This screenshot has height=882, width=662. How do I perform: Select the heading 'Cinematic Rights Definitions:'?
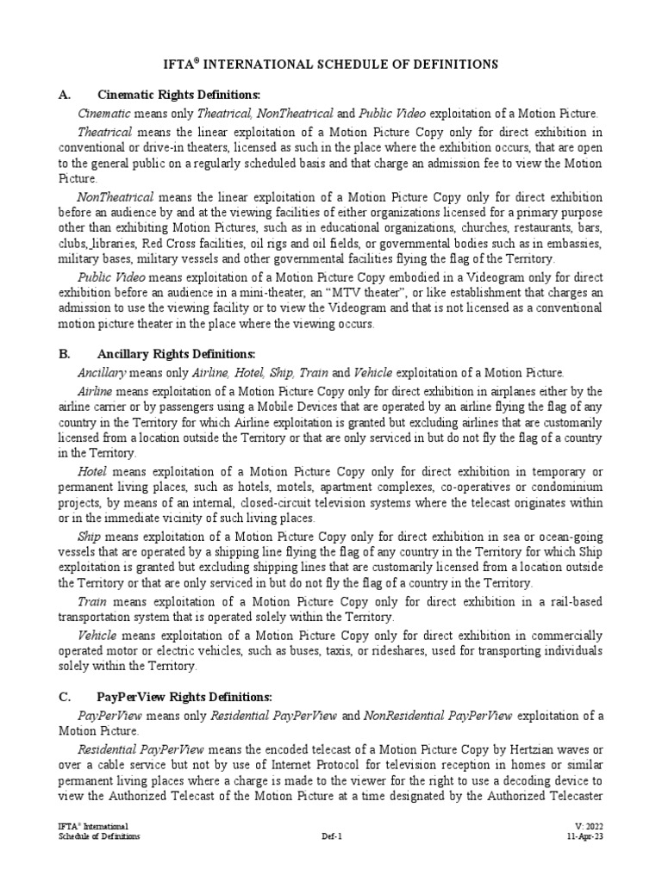pyautogui.click(x=190, y=95)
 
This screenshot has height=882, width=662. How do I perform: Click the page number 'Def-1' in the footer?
pyautogui.click(x=333, y=836)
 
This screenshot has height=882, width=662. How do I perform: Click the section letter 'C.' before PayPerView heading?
pyautogui.click(x=64, y=696)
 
